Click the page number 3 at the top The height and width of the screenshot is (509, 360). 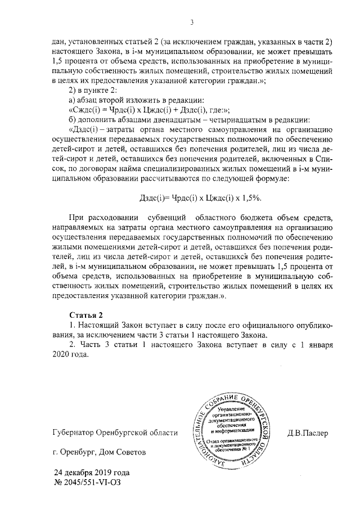tap(192, 22)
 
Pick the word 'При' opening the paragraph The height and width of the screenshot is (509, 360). tap(74, 217)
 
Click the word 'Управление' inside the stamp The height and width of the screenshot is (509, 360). tap(235, 413)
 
